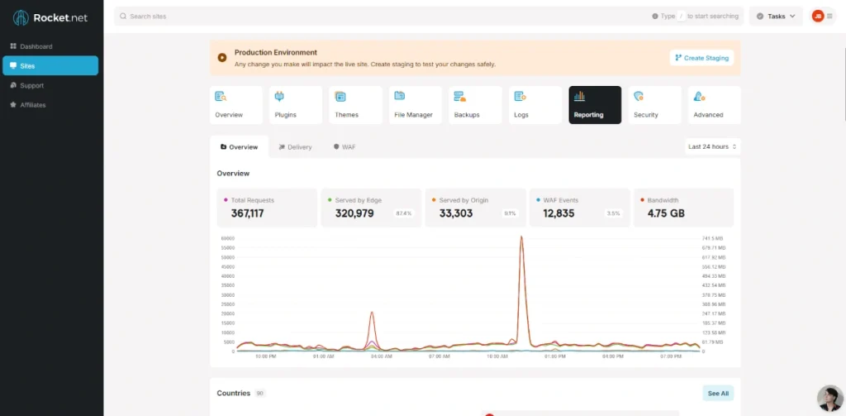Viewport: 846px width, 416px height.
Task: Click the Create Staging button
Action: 701,58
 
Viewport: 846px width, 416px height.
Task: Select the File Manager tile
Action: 415,105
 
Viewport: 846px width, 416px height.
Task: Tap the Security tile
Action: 654,105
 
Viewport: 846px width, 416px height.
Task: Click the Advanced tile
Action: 714,105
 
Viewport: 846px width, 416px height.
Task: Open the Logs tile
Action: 535,105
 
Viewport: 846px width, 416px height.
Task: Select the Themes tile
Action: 355,105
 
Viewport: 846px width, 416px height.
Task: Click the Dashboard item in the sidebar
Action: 36,46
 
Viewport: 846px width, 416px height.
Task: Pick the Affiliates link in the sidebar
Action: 33,105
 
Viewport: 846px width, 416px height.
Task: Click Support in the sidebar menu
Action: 31,85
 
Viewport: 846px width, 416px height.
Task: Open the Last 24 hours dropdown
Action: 711,146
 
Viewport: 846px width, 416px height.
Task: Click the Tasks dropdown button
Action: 776,16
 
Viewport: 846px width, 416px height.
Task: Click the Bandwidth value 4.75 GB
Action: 665,213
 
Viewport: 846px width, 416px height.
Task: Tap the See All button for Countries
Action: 718,394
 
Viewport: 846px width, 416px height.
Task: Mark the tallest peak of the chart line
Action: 521,237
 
